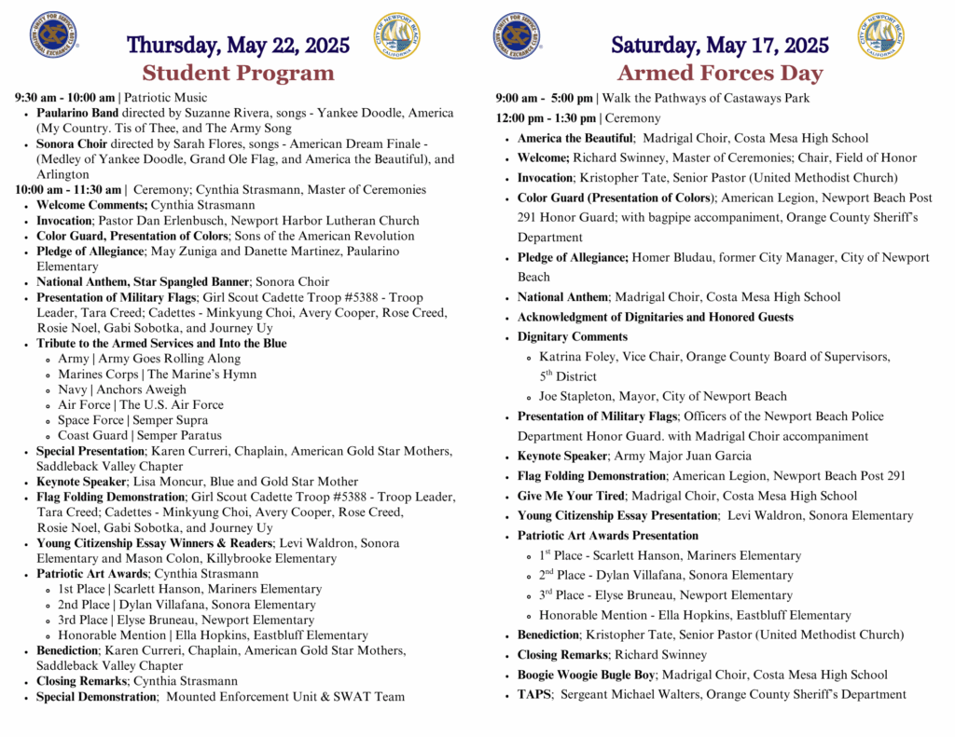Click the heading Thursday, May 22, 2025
pyautogui.click(x=238, y=45)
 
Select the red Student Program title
pyautogui.click(x=238, y=73)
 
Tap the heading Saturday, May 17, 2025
pyautogui.click(x=719, y=45)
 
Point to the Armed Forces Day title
pyautogui.click(x=719, y=73)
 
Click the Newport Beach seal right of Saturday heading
pyautogui.click(x=880, y=36)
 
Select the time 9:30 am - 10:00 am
pyautogui.click(x=65, y=97)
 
